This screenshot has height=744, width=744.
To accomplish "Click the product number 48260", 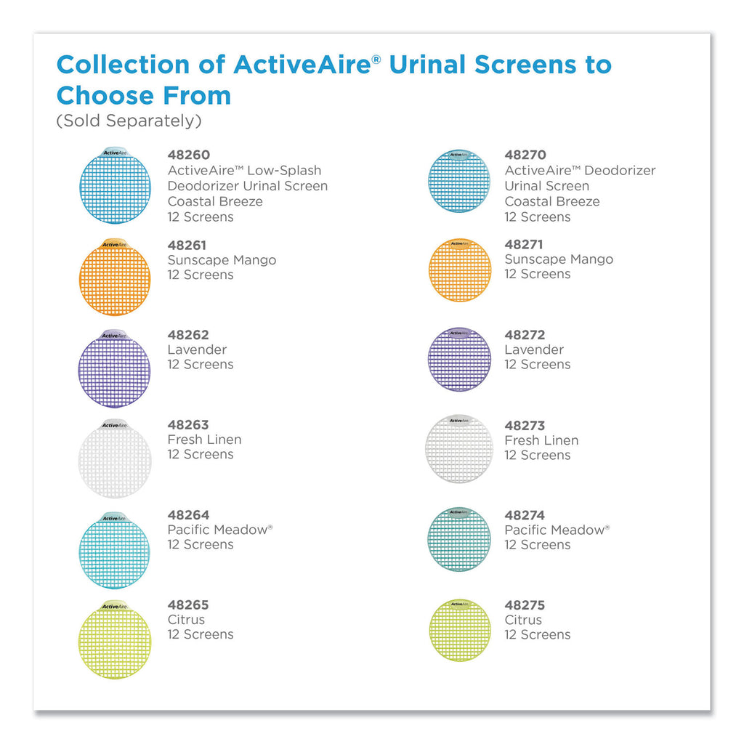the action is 188,155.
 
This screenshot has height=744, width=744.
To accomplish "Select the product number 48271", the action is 524,244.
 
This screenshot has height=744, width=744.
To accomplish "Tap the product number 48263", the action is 188,424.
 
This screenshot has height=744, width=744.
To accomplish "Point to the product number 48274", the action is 525,515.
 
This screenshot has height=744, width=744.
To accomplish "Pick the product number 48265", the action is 188,605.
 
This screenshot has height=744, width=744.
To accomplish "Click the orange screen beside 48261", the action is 115,277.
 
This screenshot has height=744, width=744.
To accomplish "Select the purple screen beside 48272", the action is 459,359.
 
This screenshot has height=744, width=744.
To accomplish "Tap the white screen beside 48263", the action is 115,459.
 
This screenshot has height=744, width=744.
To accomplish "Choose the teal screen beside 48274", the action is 459,539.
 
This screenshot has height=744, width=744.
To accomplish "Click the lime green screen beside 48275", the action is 460,630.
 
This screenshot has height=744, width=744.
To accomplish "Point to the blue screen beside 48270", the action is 459,181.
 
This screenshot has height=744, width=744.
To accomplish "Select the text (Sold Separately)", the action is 129,121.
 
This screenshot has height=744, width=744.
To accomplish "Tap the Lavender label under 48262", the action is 197,349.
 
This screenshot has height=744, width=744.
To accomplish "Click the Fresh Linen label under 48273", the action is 541,440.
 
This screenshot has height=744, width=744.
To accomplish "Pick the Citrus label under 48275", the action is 523,620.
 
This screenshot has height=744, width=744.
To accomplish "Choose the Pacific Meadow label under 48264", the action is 220,530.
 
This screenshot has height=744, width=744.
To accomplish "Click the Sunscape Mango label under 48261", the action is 222,261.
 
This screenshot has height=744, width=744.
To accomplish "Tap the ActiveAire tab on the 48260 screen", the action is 116,153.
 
